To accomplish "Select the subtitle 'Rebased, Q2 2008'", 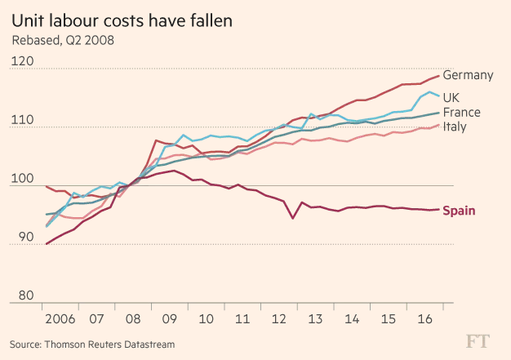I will coord(62,38).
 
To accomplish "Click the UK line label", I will coord(462,98).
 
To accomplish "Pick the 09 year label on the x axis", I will coord(171,318).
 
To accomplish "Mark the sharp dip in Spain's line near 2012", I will coord(293,218).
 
